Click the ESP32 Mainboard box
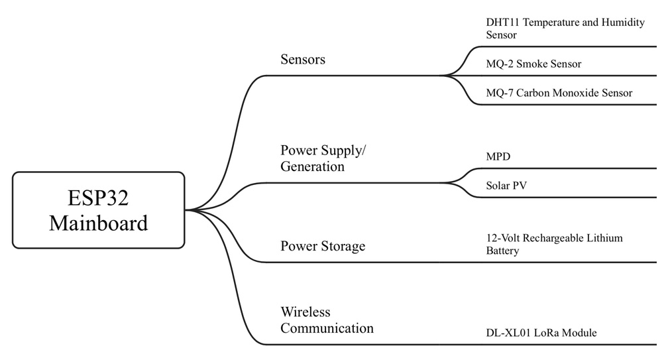98,210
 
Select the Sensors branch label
303,59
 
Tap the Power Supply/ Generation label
323,158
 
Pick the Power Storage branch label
323,247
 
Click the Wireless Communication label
327,320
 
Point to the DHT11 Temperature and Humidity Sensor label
565,29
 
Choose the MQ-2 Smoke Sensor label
533,64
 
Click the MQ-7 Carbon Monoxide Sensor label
559,93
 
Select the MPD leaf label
498,157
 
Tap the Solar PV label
506,186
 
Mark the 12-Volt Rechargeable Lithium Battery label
554,244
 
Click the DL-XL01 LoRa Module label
541,333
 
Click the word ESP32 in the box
98,198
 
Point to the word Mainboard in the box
98,223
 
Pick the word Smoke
532,64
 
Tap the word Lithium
603,238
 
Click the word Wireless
306,312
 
